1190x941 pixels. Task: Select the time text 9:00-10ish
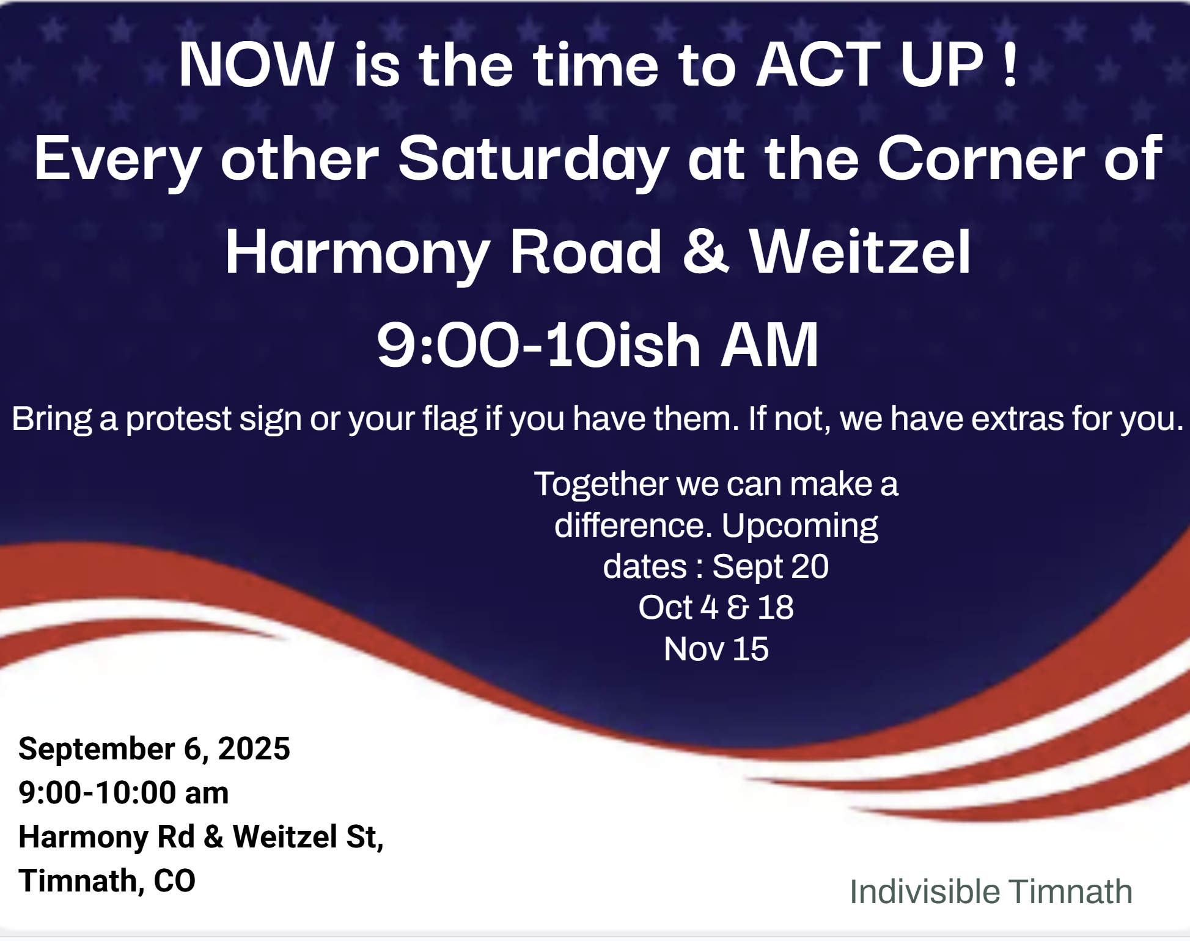538,345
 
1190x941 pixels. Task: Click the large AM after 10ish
769,345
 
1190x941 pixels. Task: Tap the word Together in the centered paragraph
601,485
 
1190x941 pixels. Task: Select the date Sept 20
770,567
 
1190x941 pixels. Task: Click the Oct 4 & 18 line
716,608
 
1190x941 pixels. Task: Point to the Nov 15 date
716,649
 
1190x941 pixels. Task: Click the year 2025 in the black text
254,749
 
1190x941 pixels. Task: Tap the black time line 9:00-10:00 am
123,793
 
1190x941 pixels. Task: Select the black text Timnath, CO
107,881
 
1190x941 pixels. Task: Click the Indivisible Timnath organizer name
991,892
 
